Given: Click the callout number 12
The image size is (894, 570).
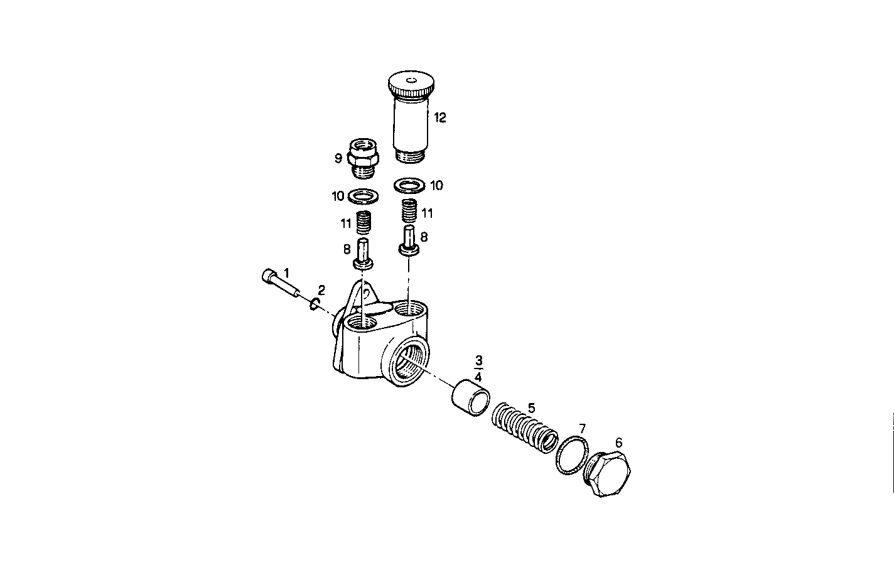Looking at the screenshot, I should pyautogui.click(x=439, y=117).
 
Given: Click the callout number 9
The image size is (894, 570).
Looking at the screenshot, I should pyautogui.click(x=338, y=158).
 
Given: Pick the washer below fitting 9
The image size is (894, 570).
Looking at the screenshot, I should pyautogui.click(x=362, y=196).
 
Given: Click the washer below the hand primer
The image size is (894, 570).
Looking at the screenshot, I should pyautogui.click(x=409, y=185).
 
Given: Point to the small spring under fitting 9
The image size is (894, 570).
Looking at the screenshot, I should pyautogui.click(x=363, y=222).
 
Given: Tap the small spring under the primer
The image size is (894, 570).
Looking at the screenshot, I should pyautogui.click(x=409, y=210).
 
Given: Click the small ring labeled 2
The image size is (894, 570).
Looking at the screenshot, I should pyautogui.click(x=315, y=304).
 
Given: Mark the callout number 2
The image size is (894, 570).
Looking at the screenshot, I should pyautogui.click(x=321, y=290).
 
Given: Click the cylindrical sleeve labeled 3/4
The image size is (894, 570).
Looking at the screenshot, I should pyautogui.click(x=471, y=399).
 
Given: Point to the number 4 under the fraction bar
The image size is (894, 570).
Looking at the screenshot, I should pyautogui.click(x=478, y=377).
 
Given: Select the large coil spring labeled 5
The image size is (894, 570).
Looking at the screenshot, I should pyautogui.click(x=524, y=429).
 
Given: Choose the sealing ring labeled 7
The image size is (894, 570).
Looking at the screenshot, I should pyautogui.click(x=571, y=456).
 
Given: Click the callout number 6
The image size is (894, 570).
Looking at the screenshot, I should pyautogui.click(x=618, y=443).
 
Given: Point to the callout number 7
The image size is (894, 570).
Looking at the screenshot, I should pyautogui.click(x=582, y=428).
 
